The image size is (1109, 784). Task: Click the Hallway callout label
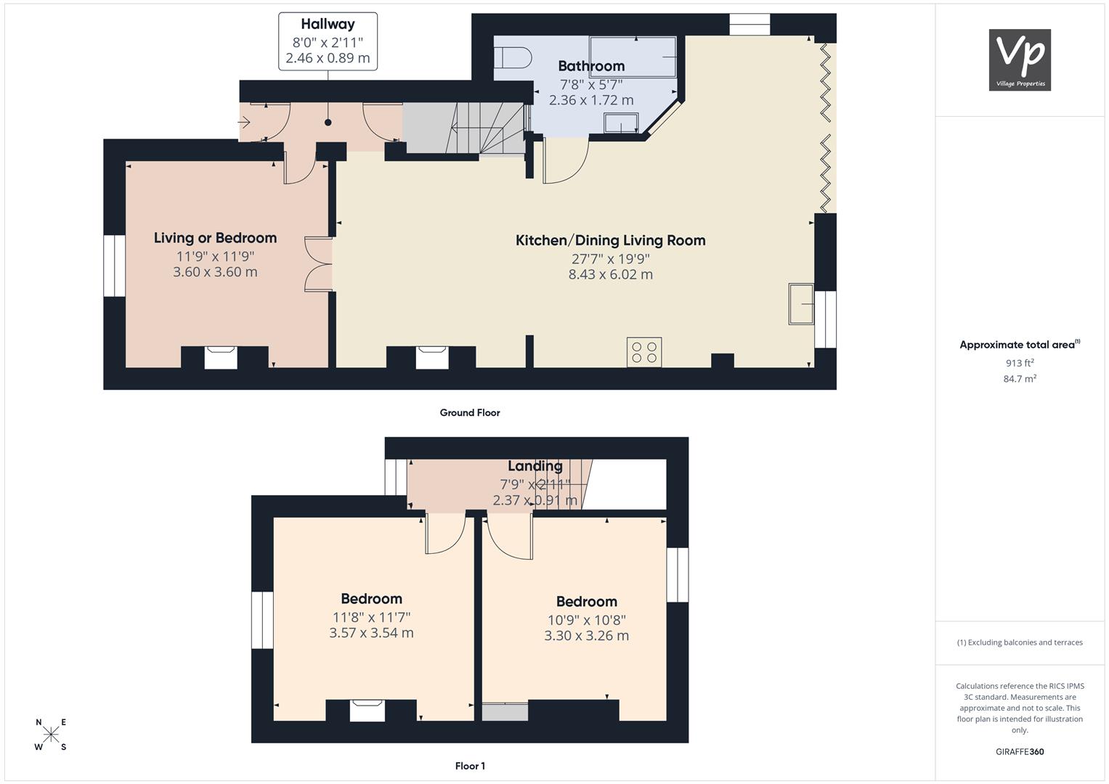point(328,41)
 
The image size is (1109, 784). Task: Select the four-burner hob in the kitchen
point(644,352)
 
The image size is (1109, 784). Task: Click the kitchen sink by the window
point(801,304)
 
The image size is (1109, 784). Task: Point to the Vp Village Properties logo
point(1020,60)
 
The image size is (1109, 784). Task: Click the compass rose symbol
point(51,734)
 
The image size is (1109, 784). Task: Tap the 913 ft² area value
point(1020,363)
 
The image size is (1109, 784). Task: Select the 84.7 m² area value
point(1020,379)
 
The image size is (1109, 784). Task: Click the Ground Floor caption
point(470,413)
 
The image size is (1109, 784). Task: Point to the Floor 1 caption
point(470,766)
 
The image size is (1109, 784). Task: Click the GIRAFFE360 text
point(1020,751)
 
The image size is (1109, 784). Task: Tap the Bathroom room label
point(591,66)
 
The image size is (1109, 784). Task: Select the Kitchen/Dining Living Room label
point(611,240)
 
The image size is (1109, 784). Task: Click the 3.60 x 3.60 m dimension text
point(215,271)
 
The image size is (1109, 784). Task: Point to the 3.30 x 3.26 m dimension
point(587,635)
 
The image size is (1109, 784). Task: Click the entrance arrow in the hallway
point(244,121)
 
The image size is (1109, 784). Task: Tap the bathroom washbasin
point(621,123)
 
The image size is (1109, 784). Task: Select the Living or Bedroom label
point(215,238)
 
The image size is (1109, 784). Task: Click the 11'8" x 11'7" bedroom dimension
point(371,617)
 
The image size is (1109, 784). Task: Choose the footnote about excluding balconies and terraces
point(1020,642)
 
